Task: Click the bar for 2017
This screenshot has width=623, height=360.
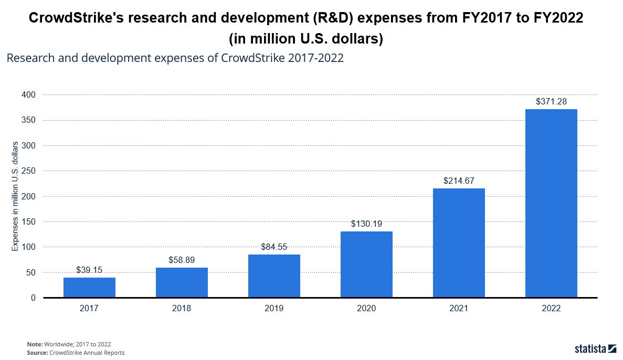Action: (x=89, y=288)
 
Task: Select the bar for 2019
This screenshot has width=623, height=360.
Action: (x=274, y=276)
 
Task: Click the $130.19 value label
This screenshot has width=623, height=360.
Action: (x=366, y=224)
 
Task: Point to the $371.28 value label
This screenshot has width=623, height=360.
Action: (x=551, y=101)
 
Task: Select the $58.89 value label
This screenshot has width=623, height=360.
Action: (x=182, y=260)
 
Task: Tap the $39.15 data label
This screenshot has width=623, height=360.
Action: (x=89, y=270)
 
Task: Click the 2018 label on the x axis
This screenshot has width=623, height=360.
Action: (x=182, y=309)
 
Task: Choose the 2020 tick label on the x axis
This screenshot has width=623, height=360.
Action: (x=366, y=309)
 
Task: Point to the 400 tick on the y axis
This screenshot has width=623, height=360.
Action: (x=29, y=95)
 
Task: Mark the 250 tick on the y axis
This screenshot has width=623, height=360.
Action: (x=29, y=171)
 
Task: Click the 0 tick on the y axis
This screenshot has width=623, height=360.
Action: (x=33, y=298)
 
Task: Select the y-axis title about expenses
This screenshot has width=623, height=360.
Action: (x=15, y=196)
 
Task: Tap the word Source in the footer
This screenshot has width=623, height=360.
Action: (x=37, y=353)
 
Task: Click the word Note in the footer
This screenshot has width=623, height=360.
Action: (x=34, y=344)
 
